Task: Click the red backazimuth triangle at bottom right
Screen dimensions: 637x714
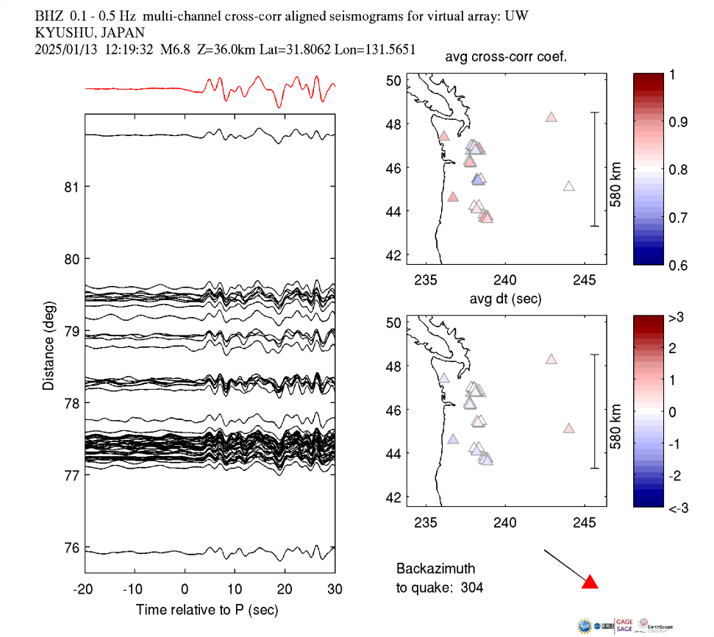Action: [x=590, y=583]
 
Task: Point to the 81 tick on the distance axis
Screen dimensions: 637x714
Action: [x=71, y=187]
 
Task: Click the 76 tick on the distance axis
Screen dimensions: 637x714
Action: [x=71, y=548]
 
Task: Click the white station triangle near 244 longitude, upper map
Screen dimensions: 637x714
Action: [x=568, y=186]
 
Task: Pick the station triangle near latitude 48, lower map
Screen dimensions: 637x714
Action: [x=551, y=359]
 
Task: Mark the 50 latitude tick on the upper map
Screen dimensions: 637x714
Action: [x=394, y=81]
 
